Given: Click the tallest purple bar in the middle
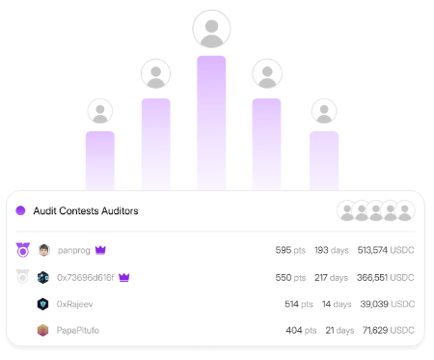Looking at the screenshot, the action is [211, 123].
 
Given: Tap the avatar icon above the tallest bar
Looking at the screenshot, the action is [211, 29].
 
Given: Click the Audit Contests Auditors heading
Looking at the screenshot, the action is [86, 210].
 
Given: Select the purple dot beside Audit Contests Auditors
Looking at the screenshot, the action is [20, 210].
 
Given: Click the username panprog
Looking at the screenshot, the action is [74, 250].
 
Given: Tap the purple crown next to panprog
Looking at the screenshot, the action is [100, 250].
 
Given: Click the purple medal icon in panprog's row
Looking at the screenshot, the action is [23, 250].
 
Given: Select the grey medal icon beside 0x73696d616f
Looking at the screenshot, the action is [22, 277].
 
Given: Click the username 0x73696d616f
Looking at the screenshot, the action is [86, 277].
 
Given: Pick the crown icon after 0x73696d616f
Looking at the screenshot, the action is [124, 277].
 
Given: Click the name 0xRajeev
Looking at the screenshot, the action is [74, 304].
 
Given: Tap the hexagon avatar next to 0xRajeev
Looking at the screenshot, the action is [42, 304].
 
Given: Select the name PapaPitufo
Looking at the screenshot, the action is [78, 330].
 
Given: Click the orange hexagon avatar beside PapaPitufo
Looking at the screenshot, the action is [42, 330].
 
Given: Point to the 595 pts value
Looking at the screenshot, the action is [290, 250].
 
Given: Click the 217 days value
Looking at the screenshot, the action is [331, 277].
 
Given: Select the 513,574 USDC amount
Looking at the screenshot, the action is [386, 250].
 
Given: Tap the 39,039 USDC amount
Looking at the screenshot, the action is [388, 304].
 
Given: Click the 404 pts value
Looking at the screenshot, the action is [301, 330].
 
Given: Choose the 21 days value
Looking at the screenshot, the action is [339, 330].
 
